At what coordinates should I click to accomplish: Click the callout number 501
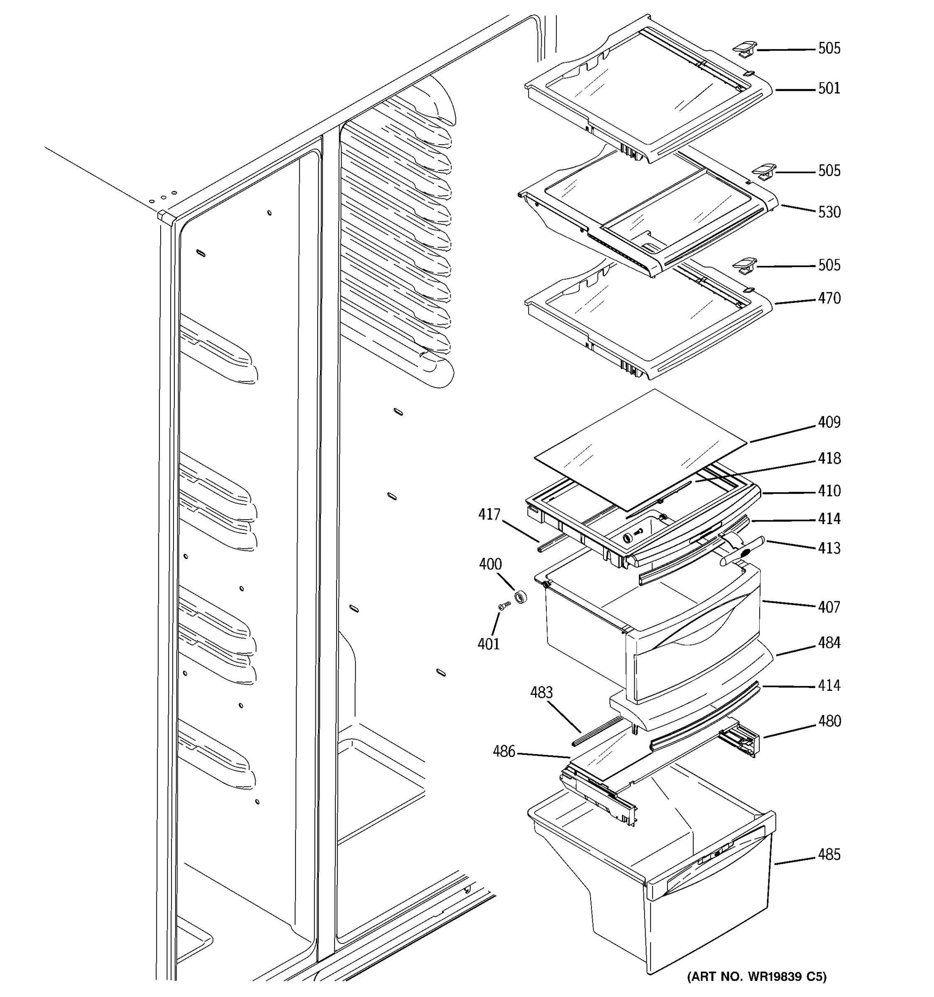pyautogui.click(x=829, y=89)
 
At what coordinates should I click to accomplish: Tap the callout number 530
pyautogui.click(x=829, y=212)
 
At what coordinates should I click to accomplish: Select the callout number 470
pyautogui.click(x=829, y=298)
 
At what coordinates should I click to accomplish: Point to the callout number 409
pyautogui.click(x=829, y=422)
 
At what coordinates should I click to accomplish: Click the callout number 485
pyautogui.click(x=829, y=855)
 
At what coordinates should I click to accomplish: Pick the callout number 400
pyautogui.click(x=490, y=564)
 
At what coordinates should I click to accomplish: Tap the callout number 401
pyautogui.click(x=489, y=644)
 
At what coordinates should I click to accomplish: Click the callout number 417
pyautogui.click(x=489, y=515)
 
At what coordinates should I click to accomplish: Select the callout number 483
pyautogui.click(x=541, y=692)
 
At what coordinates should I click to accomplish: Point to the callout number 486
pyautogui.click(x=504, y=751)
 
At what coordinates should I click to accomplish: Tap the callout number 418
pyautogui.click(x=829, y=458)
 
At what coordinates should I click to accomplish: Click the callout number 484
pyautogui.click(x=829, y=643)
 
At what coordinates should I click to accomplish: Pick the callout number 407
pyautogui.click(x=829, y=607)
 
